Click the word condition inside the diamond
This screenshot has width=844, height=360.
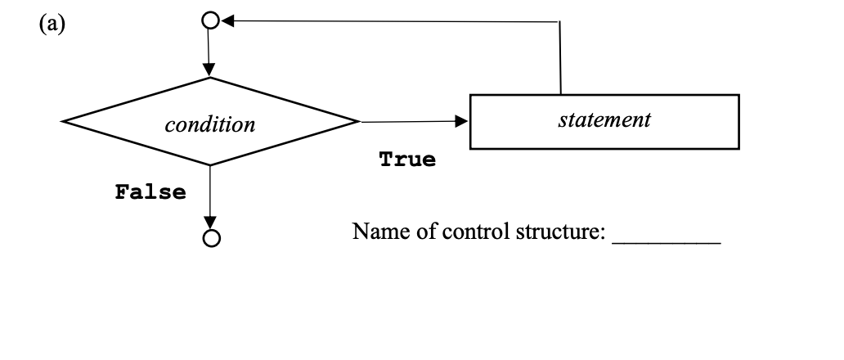click(209, 125)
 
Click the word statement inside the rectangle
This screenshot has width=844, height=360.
click(604, 120)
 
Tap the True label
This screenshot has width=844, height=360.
click(407, 160)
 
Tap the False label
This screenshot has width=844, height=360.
click(150, 193)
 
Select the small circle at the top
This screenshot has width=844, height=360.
click(209, 20)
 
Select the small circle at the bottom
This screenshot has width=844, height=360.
click(211, 238)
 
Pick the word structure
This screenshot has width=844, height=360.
click(558, 232)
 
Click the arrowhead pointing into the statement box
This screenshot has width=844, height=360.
click(463, 122)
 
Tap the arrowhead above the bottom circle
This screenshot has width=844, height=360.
click(211, 223)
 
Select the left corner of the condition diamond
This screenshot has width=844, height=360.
click(63, 124)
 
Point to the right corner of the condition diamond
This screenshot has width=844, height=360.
click(358, 123)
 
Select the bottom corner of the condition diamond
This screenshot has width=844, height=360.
click(210, 165)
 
